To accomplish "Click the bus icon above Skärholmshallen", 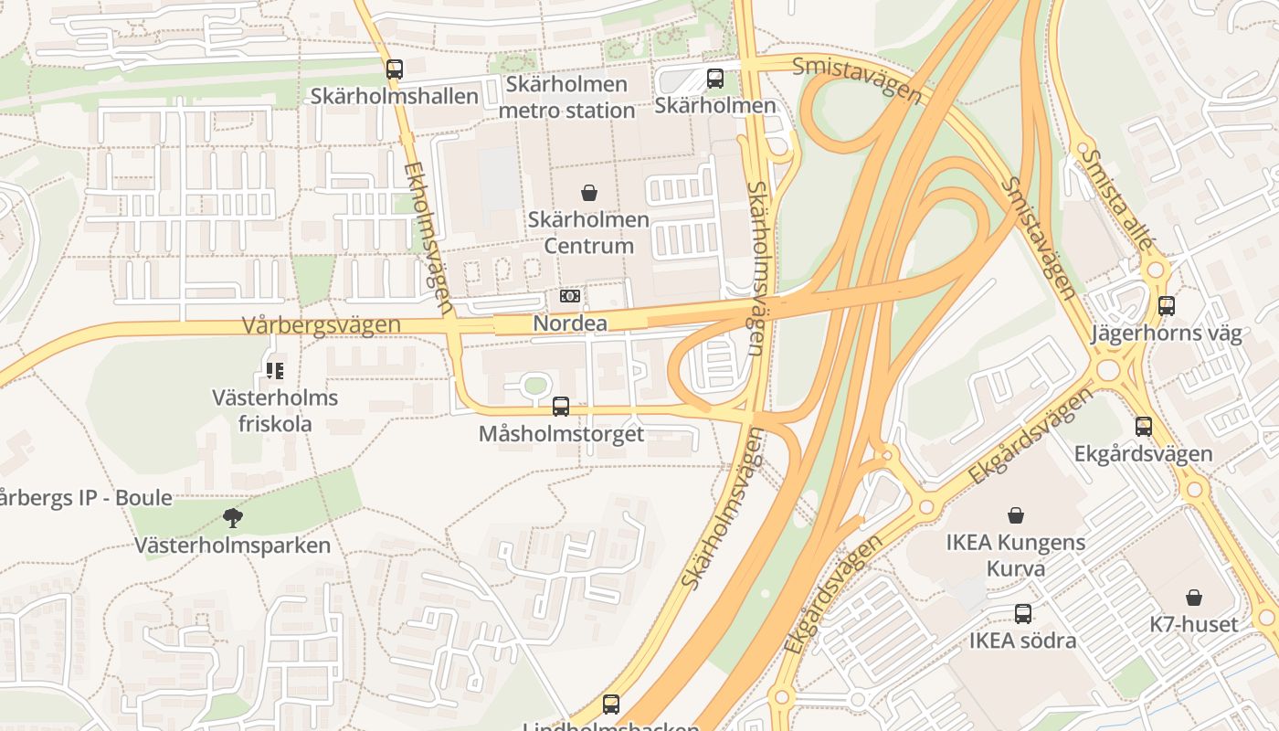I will tap(394, 69).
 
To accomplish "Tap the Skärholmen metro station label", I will tap(567, 98).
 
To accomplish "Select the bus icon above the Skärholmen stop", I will tap(715, 79).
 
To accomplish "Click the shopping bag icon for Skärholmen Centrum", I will tap(589, 193).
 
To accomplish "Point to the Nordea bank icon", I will tap(570, 296).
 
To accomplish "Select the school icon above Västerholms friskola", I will tap(275, 370).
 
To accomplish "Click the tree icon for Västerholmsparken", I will tap(233, 518).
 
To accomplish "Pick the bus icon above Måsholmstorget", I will tap(561, 407).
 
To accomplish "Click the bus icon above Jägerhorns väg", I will tap(1167, 306).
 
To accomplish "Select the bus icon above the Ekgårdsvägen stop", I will tap(1144, 426).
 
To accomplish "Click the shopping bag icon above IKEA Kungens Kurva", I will tap(1015, 515).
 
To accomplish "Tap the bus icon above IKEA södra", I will tap(1023, 614).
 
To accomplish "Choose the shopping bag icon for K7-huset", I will tap(1194, 598).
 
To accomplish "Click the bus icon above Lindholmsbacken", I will tap(611, 704).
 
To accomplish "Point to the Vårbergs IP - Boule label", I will tap(84, 498).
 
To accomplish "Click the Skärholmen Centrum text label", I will tap(589, 233).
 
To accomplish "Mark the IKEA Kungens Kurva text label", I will tap(1015, 556).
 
